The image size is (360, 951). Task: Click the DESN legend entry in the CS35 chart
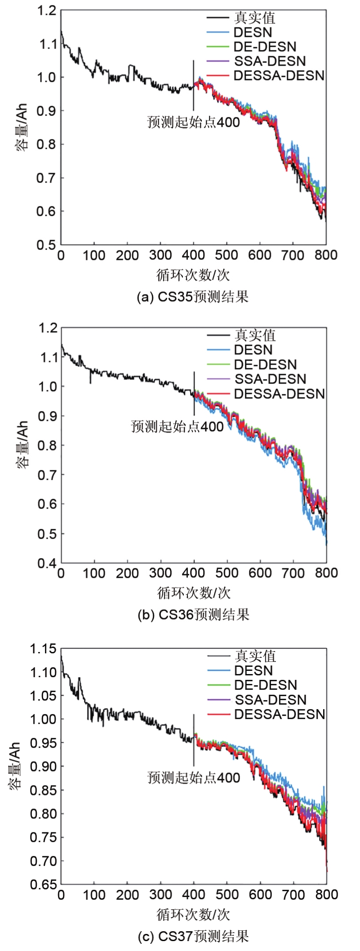point(253,32)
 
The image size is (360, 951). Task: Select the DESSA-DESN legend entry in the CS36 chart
point(279,394)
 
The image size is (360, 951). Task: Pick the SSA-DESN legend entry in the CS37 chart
point(271,700)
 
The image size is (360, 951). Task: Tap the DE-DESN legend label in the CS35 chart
point(265,47)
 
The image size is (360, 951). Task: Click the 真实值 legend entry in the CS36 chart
point(255,335)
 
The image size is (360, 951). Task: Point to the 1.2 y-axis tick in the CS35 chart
point(47,11)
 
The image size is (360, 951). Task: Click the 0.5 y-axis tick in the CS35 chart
point(47,245)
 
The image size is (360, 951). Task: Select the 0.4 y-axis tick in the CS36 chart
point(47,563)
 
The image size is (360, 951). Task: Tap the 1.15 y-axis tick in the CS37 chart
point(43,649)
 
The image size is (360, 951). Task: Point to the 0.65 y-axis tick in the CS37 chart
point(43,884)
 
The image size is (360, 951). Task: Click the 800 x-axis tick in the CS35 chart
point(326,255)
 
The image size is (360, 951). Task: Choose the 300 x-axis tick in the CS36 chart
point(160,573)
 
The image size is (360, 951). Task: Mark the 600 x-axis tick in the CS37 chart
point(260,894)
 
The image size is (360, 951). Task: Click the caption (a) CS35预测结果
point(193,297)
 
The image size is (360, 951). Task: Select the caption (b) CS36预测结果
point(193,614)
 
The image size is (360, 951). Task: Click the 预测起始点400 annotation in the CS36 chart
point(177,426)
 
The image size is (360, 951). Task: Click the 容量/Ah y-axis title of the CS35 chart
point(22,128)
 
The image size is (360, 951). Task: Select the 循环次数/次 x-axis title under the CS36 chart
point(194,593)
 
